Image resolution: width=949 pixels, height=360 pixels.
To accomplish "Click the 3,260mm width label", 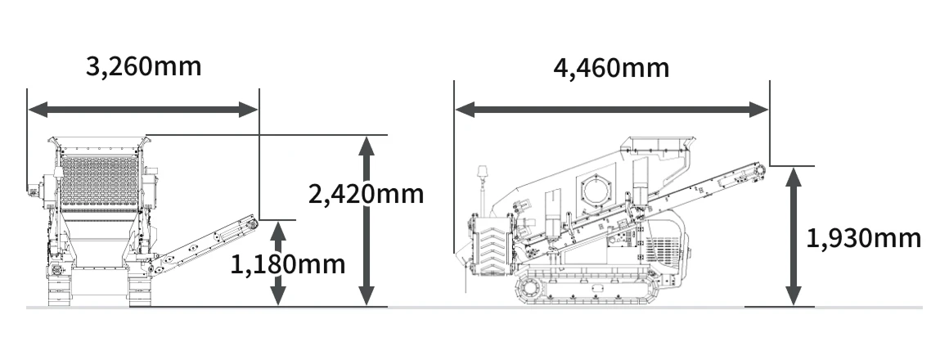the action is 143,66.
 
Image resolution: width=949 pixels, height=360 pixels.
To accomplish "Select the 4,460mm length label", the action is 611,69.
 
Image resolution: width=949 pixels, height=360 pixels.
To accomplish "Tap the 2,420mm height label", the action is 367,194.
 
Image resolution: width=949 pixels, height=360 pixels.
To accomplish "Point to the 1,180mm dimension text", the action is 287,264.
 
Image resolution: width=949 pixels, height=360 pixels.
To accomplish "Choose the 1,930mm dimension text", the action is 864,238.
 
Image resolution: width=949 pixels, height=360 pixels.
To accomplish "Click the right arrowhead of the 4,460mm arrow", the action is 758,110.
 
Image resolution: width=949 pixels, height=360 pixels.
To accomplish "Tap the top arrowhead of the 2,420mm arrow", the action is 367,146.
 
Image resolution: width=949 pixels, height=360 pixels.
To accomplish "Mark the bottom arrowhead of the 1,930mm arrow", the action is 794,296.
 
